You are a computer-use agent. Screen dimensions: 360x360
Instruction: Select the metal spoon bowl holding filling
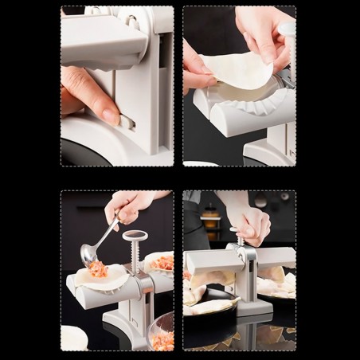pos(89,254)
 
